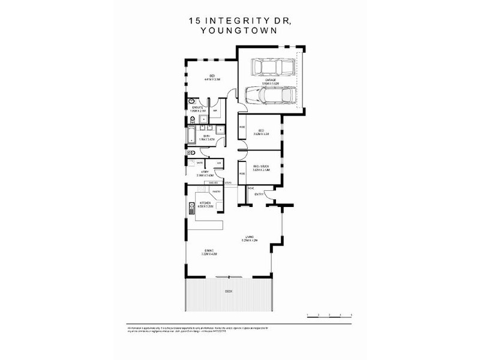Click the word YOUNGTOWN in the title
(239, 32)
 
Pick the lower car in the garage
(270, 95)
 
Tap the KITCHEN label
(205, 204)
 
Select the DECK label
(228, 292)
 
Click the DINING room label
(209, 251)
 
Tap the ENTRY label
(259, 194)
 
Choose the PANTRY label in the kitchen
(215, 191)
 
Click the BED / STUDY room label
(261, 167)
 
